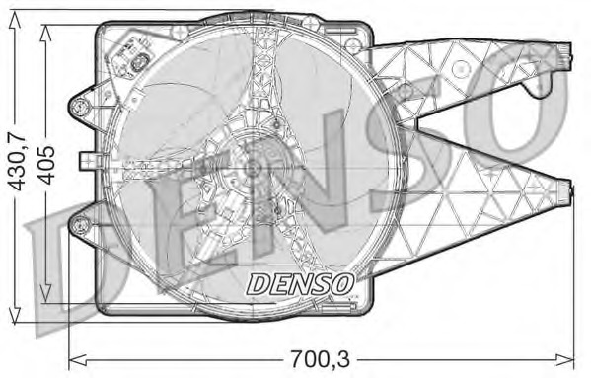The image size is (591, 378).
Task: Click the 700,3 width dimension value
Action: pos(323,356)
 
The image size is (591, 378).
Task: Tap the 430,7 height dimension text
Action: pos(15,162)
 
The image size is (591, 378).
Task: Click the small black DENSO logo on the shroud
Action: pos(300,283)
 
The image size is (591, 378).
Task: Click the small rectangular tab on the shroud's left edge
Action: pos(86,159)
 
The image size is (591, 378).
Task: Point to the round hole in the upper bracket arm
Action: pos(459,68)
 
